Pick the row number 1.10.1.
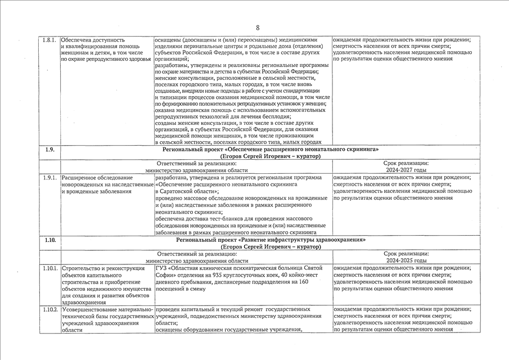50,268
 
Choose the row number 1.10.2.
50,309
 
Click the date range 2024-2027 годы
408,170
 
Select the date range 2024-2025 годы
408,260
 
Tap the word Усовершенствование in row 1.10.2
88,309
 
